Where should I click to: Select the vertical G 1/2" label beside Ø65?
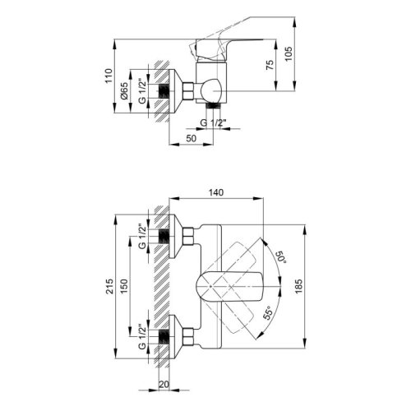tap(142, 90)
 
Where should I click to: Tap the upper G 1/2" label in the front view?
tap(141, 237)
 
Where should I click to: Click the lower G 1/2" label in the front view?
tap(141, 337)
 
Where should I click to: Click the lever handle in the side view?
tap(222, 51)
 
